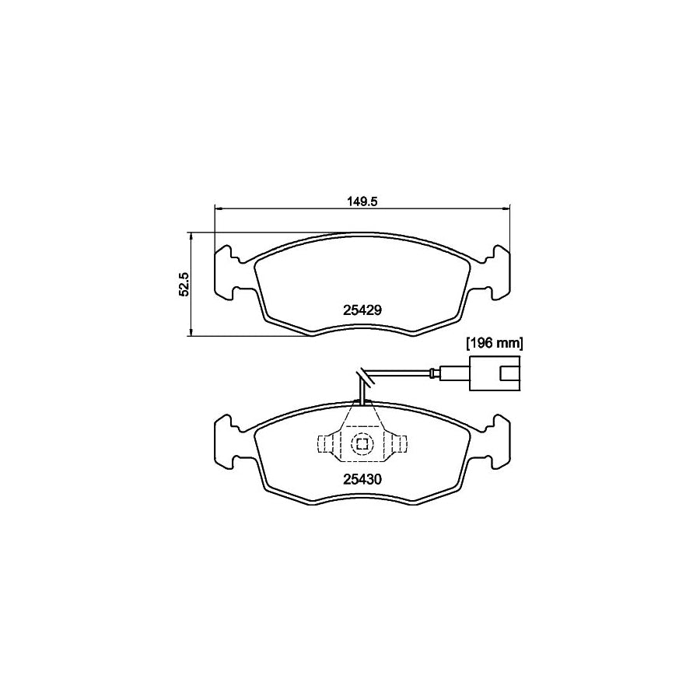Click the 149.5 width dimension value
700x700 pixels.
362,201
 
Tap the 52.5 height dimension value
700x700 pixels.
184,284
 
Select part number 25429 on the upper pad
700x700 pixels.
362,309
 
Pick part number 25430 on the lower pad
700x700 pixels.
362,479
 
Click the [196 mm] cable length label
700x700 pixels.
494,342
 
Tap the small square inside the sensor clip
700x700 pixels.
362,444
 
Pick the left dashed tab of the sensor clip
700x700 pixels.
326,444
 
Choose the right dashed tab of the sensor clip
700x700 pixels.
397,444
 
